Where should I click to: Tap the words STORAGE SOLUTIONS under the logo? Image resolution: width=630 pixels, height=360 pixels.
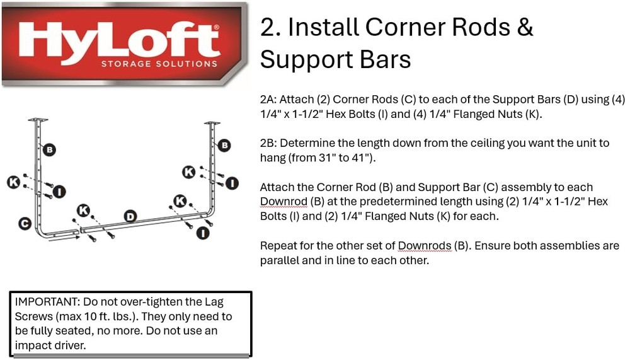click(x=159, y=64)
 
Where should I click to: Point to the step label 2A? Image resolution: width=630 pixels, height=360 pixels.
click(x=268, y=100)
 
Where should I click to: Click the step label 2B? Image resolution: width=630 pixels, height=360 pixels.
click(x=268, y=143)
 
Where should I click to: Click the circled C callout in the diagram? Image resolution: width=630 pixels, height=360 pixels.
click(x=25, y=223)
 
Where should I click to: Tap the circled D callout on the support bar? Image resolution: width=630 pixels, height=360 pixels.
click(x=130, y=217)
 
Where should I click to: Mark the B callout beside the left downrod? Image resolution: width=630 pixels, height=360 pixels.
click(x=49, y=149)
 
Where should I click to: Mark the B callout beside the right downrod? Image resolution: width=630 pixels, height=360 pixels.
click(x=224, y=145)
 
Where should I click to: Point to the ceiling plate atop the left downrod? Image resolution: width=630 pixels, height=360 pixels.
click(x=38, y=120)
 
